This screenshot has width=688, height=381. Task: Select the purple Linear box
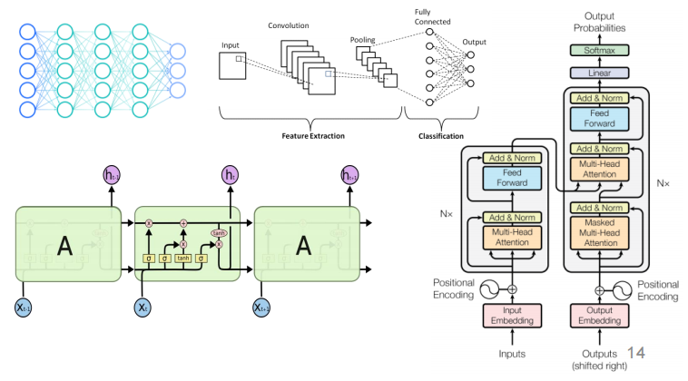(x=599, y=73)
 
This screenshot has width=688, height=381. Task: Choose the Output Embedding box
(x=599, y=315)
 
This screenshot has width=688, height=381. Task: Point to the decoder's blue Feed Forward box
(x=599, y=118)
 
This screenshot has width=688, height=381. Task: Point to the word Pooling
(x=364, y=39)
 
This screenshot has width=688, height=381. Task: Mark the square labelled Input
(x=233, y=65)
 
